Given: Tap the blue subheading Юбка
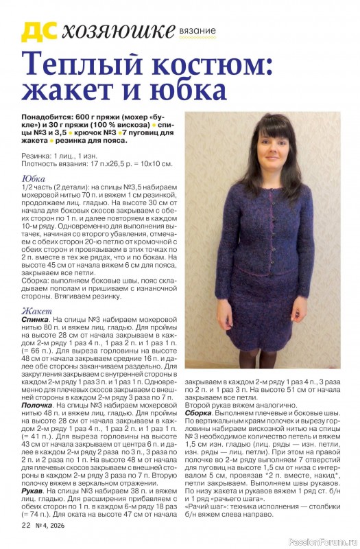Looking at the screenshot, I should [34, 179].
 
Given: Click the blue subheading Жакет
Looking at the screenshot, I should [37, 312].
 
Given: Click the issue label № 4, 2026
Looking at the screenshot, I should [52, 526].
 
